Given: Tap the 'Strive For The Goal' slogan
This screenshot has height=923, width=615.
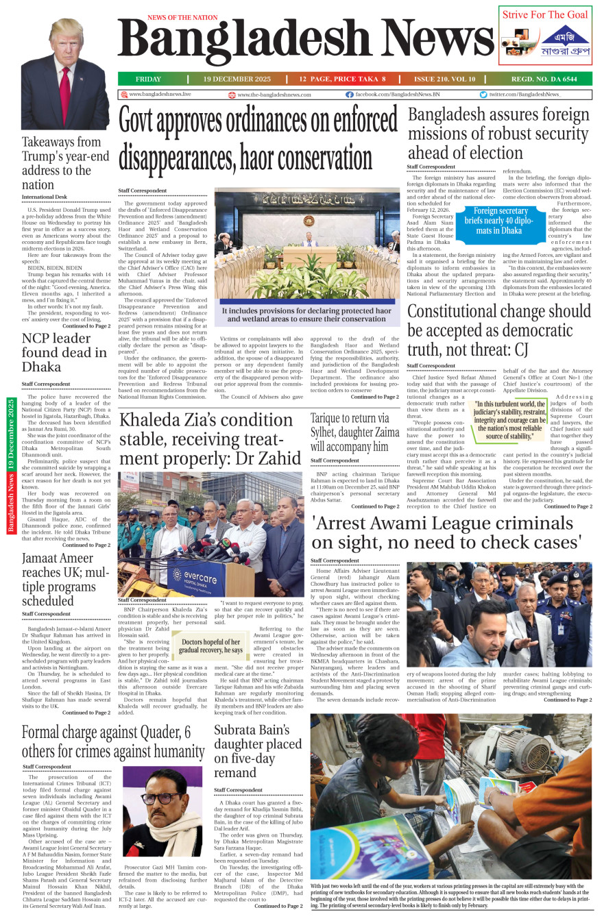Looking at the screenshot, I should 545,14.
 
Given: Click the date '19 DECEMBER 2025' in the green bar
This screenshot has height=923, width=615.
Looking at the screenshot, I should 237,79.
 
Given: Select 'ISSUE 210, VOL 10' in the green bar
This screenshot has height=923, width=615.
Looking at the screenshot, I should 444,79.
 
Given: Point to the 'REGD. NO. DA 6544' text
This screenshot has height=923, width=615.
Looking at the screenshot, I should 544,79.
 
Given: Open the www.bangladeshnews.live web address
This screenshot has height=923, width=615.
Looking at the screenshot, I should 160,95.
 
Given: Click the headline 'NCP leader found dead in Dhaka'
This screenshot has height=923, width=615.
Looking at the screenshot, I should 64,352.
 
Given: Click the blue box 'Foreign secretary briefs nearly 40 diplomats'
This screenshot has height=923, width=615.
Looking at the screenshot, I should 501,221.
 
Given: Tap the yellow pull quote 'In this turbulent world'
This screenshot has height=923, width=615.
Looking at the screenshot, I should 509,420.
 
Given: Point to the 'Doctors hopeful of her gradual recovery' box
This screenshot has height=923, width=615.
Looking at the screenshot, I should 211,646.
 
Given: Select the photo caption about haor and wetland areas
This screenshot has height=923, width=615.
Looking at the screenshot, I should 306,315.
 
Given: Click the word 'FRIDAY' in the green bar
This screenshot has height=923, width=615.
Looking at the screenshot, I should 148,79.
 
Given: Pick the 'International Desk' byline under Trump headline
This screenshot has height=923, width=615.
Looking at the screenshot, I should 45,197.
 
